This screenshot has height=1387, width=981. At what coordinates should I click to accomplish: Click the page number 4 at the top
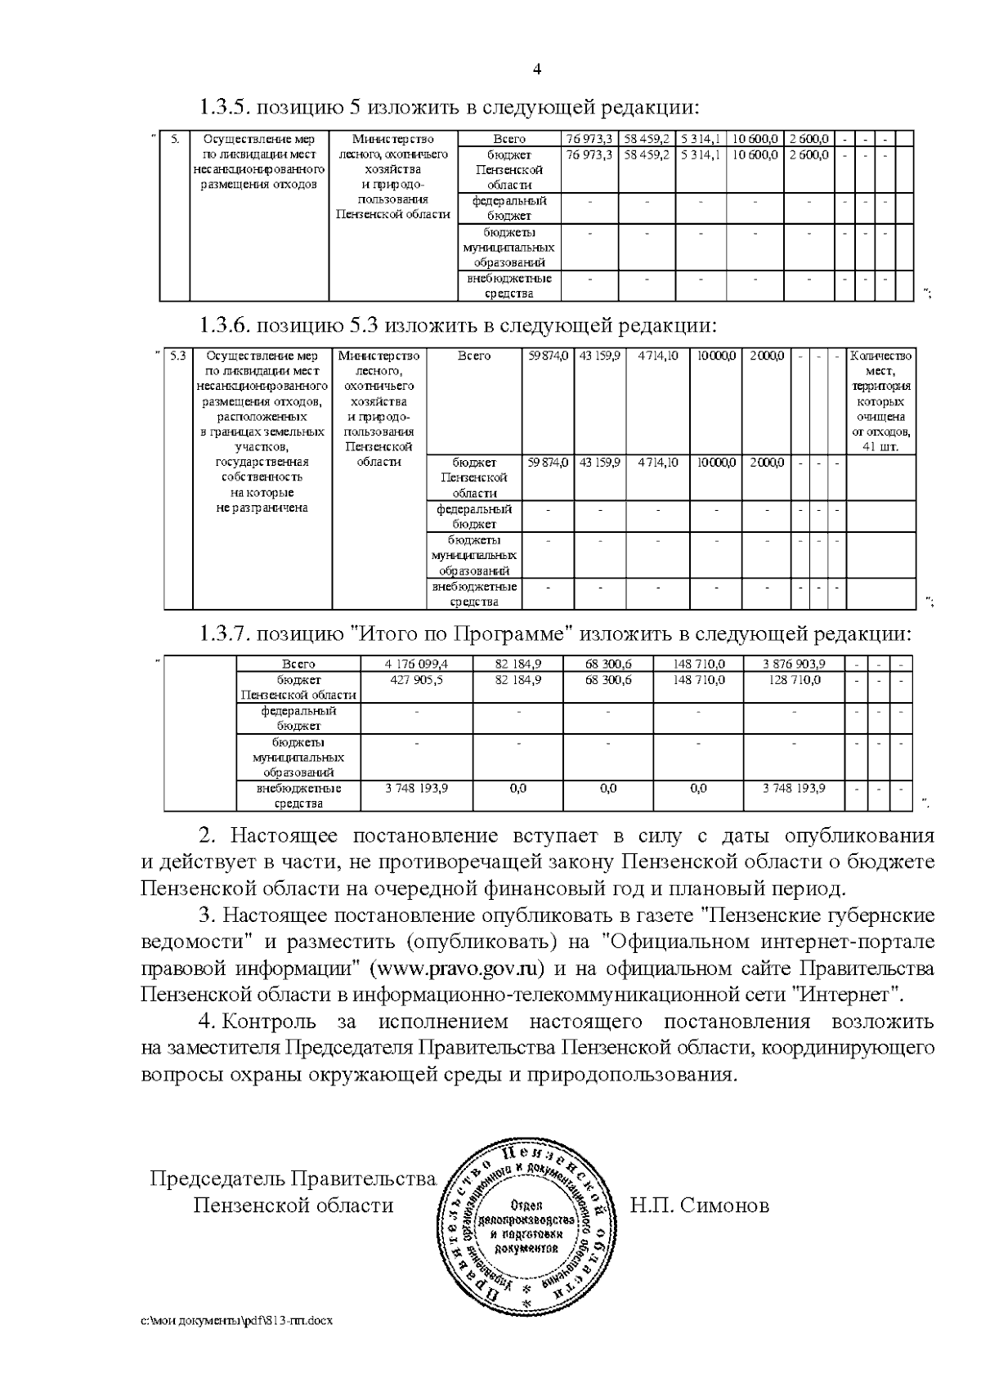coord(537,69)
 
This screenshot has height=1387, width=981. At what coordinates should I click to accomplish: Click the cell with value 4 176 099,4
coord(416,664)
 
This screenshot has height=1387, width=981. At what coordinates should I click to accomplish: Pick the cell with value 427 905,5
coord(416,680)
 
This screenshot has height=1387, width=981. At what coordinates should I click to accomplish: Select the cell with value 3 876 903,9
coord(793,664)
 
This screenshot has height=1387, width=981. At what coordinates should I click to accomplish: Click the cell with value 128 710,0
coord(793,680)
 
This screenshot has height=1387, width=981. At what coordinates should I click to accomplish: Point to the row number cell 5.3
coord(178,356)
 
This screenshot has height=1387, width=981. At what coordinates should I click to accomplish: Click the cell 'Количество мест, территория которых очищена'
coord(880,401)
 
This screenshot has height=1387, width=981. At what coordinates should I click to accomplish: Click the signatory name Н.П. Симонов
coord(699,1206)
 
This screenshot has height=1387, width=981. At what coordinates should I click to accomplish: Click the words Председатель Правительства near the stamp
coord(292,1179)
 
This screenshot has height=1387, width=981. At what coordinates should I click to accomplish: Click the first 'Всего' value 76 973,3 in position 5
coord(589,140)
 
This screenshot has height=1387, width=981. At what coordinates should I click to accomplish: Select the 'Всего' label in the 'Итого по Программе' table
coord(298,664)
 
